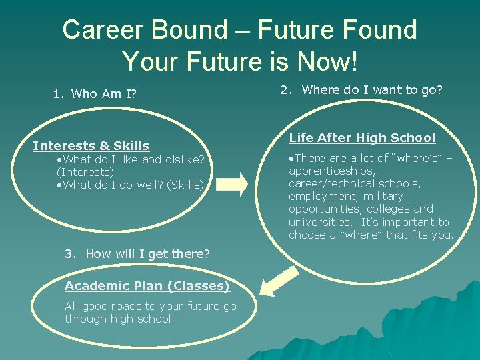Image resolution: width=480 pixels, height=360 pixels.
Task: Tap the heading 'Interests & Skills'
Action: [x=91, y=145]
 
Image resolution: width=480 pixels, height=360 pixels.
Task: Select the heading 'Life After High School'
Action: [x=361, y=138]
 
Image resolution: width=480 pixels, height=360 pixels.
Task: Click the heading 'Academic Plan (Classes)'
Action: [x=147, y=286]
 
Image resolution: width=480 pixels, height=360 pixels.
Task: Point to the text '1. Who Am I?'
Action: [x=95, y=94]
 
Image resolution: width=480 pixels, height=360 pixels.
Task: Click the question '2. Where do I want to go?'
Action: [x=361, y=90]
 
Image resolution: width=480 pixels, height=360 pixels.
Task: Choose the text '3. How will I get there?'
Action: [x=137, y=253]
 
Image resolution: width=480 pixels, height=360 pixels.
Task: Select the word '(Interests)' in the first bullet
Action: [x=85, y=172]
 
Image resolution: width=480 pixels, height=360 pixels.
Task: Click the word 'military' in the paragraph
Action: [x=383, y=196]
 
